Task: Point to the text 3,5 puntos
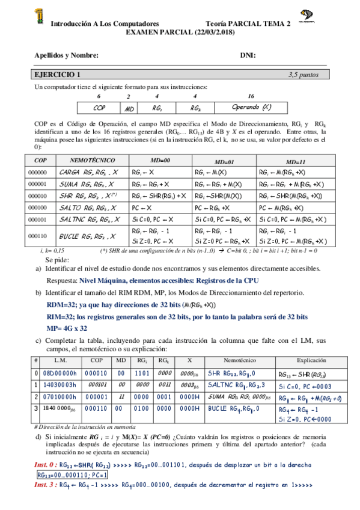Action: click(x=304, y=75)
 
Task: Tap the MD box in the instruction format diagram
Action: click(x=129, y=108)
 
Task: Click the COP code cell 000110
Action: click(x=37, y=237)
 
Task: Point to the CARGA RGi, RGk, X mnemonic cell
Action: click(x=82, y=172)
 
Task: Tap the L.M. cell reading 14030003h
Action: click(x=58, y=384)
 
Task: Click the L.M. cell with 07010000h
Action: click(x=58, y=396)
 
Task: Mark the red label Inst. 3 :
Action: click(x=45, y=484)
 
